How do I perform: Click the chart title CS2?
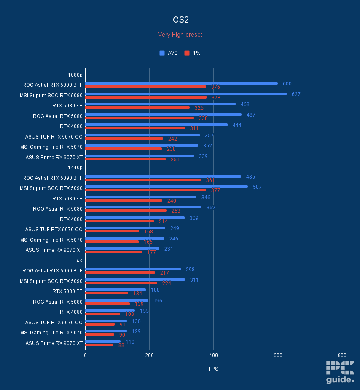[x=180, y=20]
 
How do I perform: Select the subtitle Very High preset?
[x=180, y=35]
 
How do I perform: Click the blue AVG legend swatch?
[x=162, y=53]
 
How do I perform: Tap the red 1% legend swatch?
[x=187, y=53]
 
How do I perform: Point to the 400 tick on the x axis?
[x=213, y=355]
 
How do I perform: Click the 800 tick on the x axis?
[x=341, y=355]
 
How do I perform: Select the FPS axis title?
[x=213, y=369]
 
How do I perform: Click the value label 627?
[x=296, y=94]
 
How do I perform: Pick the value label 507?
[x=257, y=187]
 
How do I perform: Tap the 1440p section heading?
[x=75, y=167]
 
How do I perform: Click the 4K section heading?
[x=79, y=260]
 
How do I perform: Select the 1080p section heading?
[x=75, y=75]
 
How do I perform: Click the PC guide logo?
[x=340, y=372]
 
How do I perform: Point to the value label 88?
[x=121, y=345]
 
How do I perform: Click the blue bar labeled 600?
[x=181, y=83]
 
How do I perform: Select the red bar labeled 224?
[x=121, y=283]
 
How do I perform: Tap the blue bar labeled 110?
[x=103, y=342]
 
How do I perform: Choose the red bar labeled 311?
[x=135, y=128]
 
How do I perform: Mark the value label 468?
[x=245, y=104]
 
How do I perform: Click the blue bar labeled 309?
[x=134, y=218]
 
